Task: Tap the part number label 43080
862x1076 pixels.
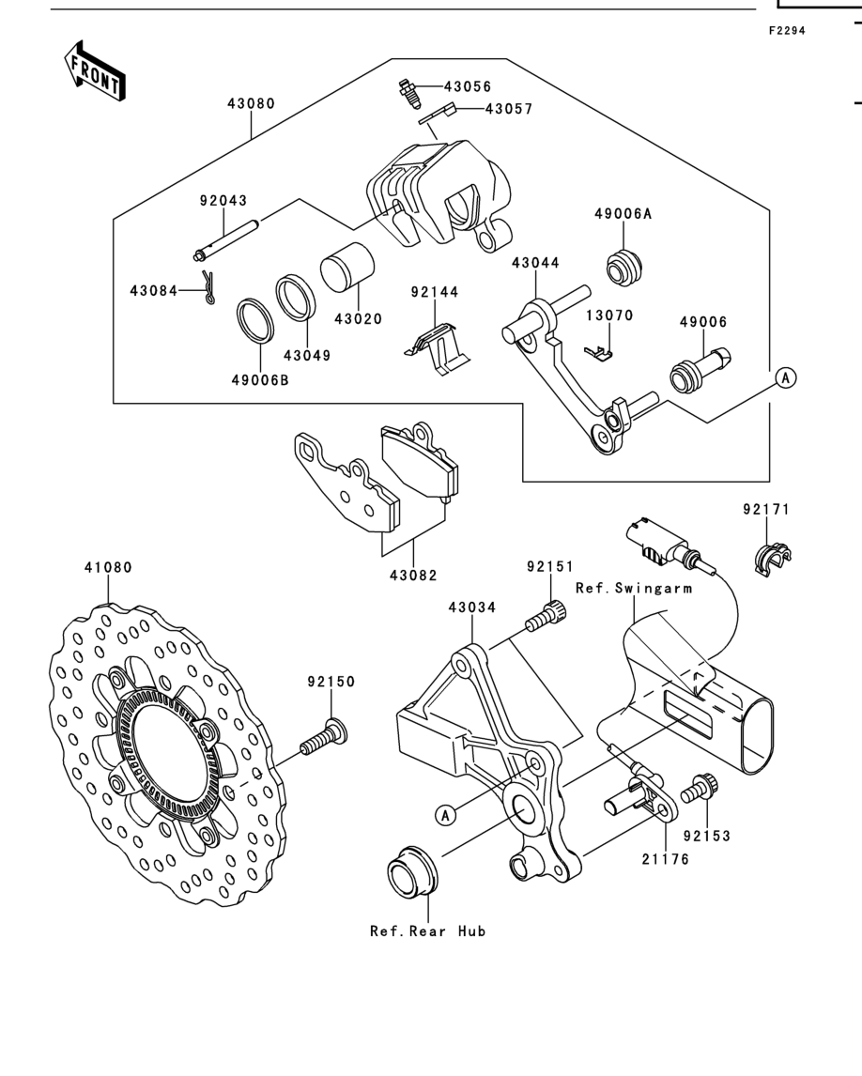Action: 252,103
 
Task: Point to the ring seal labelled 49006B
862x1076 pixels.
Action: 255,322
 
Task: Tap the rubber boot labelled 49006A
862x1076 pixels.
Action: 624,268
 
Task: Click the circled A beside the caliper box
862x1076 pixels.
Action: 786,377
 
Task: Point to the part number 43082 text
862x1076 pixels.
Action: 413,575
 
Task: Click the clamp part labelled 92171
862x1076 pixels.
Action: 773,557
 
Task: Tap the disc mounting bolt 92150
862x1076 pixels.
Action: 324,737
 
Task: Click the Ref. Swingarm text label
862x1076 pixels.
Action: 634,588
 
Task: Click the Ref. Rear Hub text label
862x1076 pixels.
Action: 427,931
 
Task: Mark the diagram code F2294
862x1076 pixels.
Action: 787,31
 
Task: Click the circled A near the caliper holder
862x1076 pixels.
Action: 446,815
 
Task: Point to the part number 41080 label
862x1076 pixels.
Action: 108,567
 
